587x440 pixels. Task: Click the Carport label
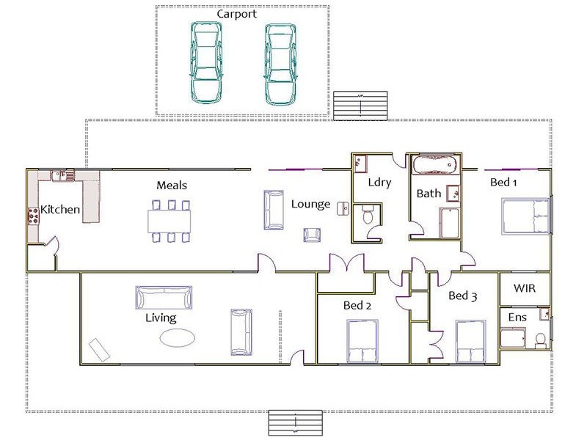236,14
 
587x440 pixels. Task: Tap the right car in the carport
280,64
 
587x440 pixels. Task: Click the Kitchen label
60,210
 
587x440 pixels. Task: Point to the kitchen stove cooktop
33,215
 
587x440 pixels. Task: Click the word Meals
171,186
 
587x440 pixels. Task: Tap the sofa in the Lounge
274,210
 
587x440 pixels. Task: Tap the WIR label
525,289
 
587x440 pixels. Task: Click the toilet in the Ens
541,340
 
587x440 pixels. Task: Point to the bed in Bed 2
362,343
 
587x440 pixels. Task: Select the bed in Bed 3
472,342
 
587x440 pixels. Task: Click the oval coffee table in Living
178,337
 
